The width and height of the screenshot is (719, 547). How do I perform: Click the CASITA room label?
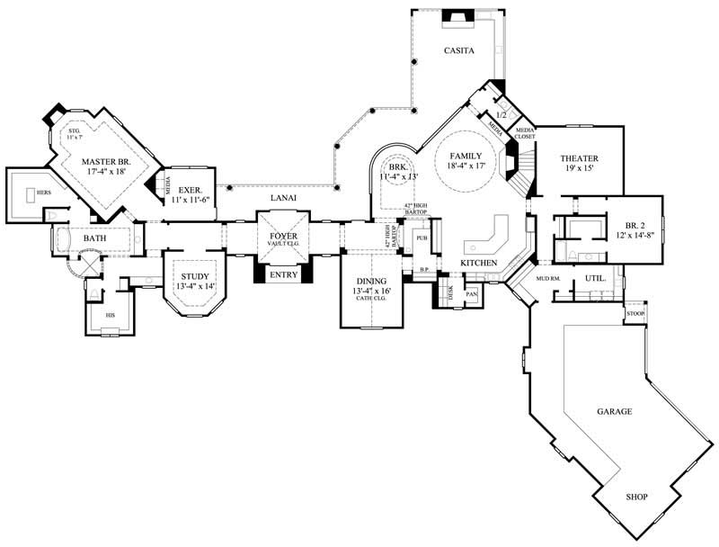click(x=459, y=51)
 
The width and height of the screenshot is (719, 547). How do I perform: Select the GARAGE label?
click(x=615, y=411)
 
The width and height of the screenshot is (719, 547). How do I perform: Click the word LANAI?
click(x=284, y=197)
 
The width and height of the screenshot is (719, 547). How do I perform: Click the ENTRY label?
click(x=284, y=274)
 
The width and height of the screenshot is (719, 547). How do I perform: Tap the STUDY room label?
click(x=195, y=276)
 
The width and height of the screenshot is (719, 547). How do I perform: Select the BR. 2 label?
click(x=624, y=225)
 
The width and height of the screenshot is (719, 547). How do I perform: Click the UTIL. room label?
click(x=595, y=279)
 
